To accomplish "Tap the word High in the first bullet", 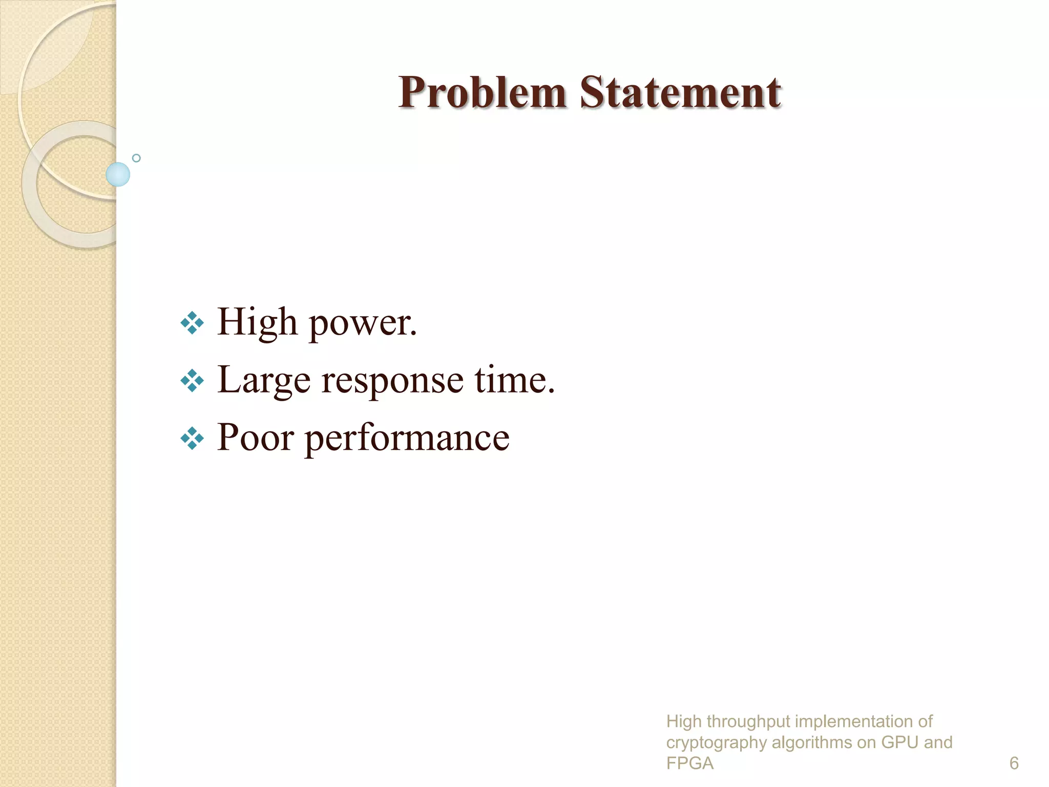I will pyautogui.click(x=257, y=323).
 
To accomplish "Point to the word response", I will pyautogui.click(x=392, y=382).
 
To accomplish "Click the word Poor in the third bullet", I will pyautogui.click(x=256, y=438).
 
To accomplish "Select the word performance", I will pyautogui.click(x=407, y=439).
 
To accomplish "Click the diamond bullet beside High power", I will pyautogui.click(x=193, y=323).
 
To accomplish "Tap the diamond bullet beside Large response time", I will pyautogui.click(x=193, y=381).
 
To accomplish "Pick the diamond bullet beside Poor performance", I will pyautogui.click(x=193, y=439).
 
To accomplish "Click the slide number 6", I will pyautogui.click(x=1014, y=763).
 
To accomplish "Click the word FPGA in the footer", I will pyautogui.click(x=689, y=763).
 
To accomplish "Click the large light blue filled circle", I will pyautogui.click(x=118, y=174).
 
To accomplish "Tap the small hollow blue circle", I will pyautogui.click(x=136, y=158).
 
